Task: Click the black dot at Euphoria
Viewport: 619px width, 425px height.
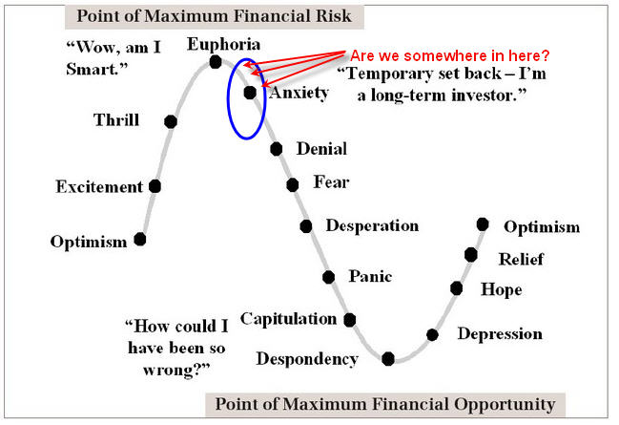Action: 216,62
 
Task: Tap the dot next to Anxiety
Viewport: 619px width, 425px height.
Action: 250,93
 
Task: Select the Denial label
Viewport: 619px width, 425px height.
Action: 321,149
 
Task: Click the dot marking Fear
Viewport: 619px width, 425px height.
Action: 293,184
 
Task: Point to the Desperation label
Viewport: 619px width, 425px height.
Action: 372,226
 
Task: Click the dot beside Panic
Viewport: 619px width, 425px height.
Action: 328,277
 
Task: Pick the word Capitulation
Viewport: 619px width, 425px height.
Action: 289,319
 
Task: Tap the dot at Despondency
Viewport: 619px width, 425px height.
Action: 388,358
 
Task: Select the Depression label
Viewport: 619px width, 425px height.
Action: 500,334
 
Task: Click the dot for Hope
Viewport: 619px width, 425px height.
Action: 456,288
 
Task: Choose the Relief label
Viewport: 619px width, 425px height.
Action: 521,260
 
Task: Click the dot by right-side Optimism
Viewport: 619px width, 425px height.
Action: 483,224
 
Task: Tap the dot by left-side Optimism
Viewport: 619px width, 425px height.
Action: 140,239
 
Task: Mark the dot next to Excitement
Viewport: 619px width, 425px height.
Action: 155,186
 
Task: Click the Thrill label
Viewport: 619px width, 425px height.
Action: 116,119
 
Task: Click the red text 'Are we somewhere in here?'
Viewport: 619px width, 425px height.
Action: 449,55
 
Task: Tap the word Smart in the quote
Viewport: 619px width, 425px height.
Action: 94,69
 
